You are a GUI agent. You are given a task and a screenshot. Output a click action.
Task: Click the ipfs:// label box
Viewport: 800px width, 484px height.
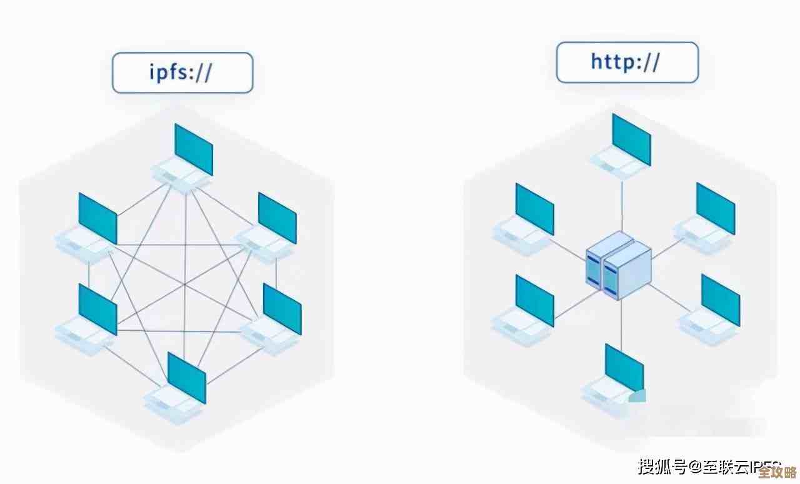pos(182,73)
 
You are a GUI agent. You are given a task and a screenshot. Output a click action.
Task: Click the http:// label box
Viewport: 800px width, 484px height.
pos(627,63)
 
